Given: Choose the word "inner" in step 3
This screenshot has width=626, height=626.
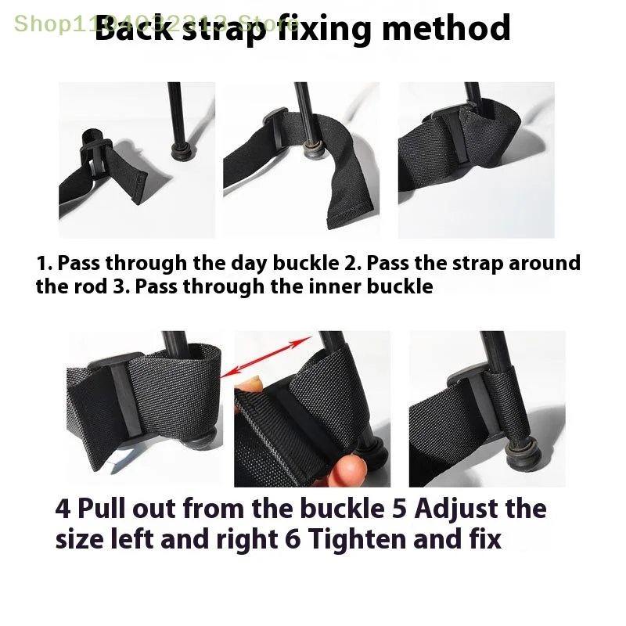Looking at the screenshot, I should [340, 286].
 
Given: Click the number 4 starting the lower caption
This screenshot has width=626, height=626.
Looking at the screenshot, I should [62, 509].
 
